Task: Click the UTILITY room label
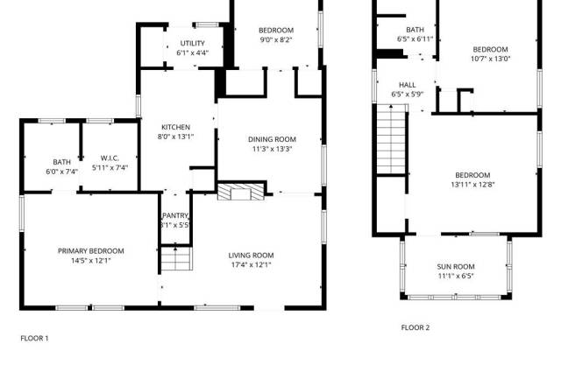coord(193,43)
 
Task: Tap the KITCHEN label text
coord(175,127)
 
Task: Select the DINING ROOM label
coord(273,139)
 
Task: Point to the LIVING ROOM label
coord(252,256)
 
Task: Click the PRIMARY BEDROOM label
coord(91,251)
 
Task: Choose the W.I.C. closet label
coord(110,158)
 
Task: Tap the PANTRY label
coord(175,215)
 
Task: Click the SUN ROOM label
coord(456,267)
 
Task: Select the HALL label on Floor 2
coord(408,85)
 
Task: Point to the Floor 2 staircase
coord(391,139)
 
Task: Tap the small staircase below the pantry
coord(176,258)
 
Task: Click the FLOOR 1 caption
coord(34,338)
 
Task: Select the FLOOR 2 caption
coord(415,327)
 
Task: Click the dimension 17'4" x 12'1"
coord(252,265)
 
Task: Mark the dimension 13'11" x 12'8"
coord(472,185)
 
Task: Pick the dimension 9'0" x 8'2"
coord(276,39)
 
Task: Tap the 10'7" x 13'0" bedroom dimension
coord(491,59)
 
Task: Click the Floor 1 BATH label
coord(62,162)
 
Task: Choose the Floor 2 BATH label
coord(415,30)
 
